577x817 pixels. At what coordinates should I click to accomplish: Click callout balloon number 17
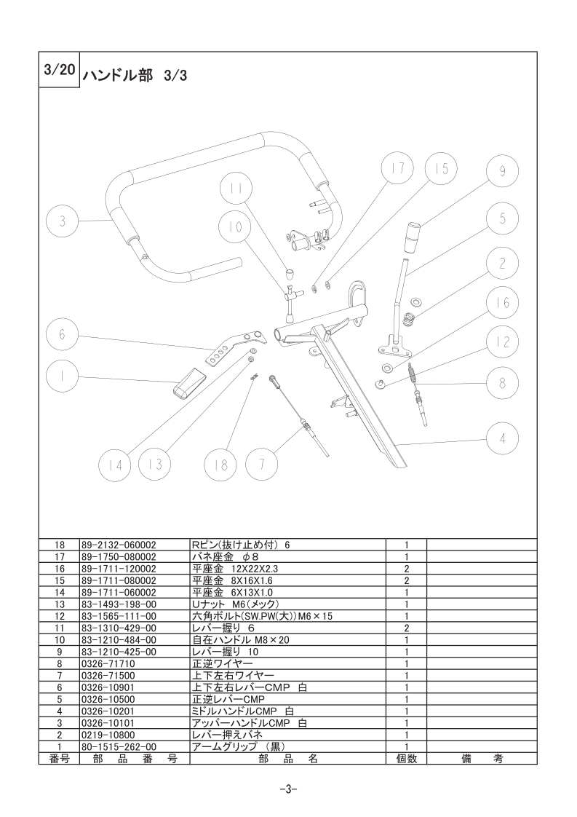tap(398, 167)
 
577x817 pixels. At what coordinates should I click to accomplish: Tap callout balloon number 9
tap(502, 171)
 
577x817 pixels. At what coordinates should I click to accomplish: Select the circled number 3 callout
tap(62, 221)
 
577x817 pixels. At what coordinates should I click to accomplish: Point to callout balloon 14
tap(115, 465)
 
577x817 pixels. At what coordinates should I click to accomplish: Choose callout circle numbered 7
tap(261, 463)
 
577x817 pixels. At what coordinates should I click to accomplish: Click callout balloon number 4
tap(502, 438)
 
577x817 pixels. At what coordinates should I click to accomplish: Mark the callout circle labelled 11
tap(235, 189)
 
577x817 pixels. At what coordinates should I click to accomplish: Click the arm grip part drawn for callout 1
tap(189, 383)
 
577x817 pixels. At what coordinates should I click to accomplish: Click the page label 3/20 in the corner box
tap(59, 69)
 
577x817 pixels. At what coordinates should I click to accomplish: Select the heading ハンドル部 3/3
tap(135, 76)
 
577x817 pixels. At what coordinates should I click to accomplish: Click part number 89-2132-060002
tap(119, 545)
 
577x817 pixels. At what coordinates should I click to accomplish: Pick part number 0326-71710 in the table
tap(108, 664)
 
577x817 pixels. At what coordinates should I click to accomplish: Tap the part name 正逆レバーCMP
tap(228, 699)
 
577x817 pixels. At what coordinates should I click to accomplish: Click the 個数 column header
tap(406, 759)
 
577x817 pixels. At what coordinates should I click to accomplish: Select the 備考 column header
tap(482, 759)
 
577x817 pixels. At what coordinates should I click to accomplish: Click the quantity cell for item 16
tap(406, 569)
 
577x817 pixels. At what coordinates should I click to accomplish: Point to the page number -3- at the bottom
tap(288, 789)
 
